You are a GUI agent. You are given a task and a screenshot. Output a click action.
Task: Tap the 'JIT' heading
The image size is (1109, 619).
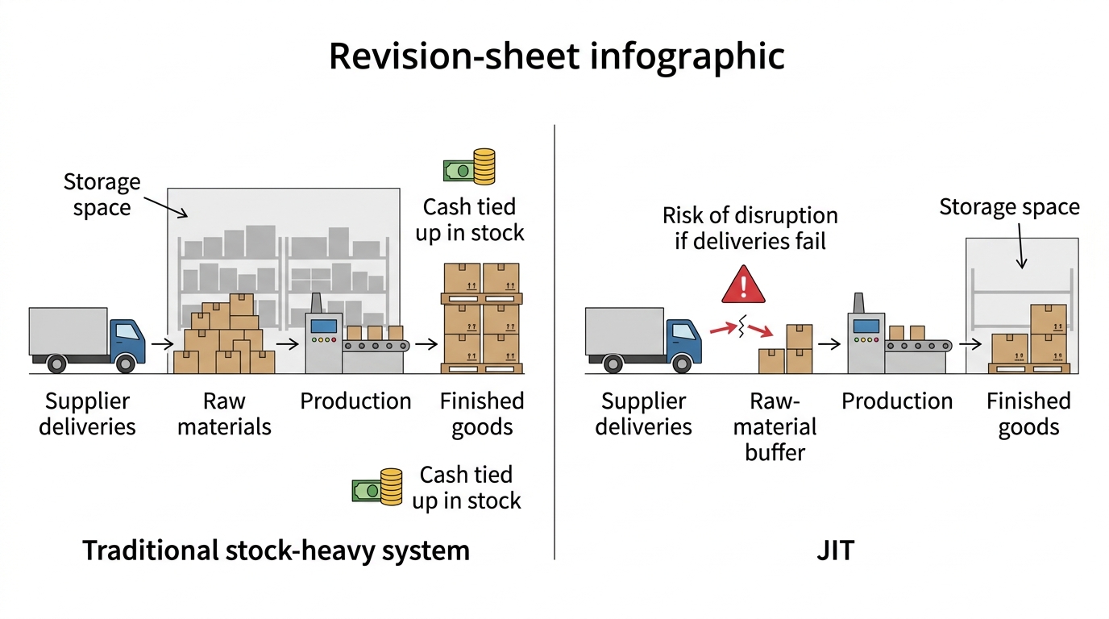(x=835, y=550)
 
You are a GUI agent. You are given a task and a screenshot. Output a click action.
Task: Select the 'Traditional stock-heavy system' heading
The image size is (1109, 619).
(x=276, y=551)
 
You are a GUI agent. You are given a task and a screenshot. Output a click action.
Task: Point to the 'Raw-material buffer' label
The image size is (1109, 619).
(x=775, y=427)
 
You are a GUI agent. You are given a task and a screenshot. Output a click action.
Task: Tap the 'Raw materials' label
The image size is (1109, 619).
(x=224, y=414)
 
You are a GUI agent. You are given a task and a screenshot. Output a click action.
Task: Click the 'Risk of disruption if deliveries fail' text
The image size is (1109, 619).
(x=750, y=228)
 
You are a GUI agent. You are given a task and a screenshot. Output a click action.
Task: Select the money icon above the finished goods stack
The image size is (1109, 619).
(x=469, y=167)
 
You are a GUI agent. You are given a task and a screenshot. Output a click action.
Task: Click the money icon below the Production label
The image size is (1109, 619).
(x=377, y=487)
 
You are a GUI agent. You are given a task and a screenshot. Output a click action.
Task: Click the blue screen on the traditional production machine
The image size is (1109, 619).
(x=324, y=326)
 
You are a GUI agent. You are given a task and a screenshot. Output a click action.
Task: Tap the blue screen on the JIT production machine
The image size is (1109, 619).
(x=866, y=326)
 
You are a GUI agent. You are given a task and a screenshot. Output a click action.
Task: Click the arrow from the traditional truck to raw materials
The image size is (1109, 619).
(x=162, y=343)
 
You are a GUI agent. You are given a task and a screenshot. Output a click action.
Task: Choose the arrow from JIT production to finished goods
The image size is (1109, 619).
(x=970, y=343)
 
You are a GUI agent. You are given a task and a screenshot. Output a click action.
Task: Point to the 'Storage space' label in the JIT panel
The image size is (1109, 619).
(x=1010, y=207)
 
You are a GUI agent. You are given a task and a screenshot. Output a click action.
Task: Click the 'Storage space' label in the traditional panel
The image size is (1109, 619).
(x=102, y=194)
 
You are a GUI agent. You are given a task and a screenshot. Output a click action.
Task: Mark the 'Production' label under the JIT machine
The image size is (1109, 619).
(x=897, y=401)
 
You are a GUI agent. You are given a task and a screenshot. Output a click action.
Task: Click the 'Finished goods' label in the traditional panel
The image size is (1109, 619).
(x=482, y=414)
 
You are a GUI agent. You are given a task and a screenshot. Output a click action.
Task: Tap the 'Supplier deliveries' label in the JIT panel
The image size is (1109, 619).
(x=643, y=414)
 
